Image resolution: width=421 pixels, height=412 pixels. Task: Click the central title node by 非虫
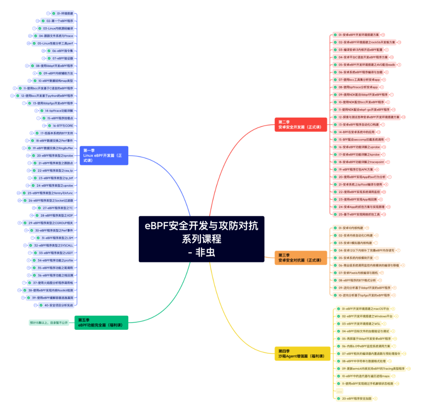click(202, 239)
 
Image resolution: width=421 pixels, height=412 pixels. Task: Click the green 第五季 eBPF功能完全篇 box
click(101, 322)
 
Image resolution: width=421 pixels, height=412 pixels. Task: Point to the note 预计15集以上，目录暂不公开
click(50, 323)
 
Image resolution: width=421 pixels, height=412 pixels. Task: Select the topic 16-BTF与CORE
click(63, 126)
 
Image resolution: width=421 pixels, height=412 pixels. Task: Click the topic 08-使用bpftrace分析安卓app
click(358, 87)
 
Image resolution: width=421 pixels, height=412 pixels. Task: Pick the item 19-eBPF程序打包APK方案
click(356, 170)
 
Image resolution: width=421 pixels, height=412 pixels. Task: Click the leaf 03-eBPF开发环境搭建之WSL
click(361, 324)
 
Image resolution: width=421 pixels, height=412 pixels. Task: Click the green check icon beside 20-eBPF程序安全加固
click(338, 398)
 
